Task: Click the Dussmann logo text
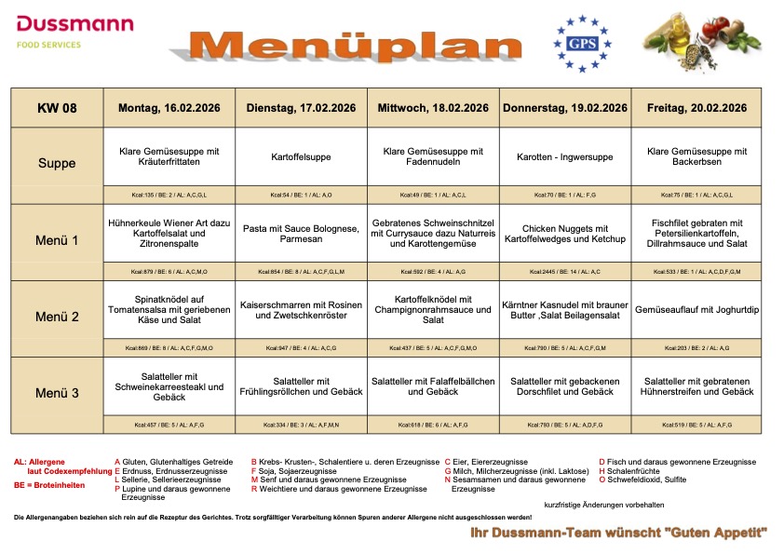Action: click(74, 23)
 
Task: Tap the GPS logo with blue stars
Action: click(583, 43)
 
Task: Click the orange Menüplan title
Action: click(357, 47)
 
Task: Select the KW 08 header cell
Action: click(57, 108)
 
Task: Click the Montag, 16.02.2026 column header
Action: click(169, 108)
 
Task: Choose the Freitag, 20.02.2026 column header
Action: click(696, 108)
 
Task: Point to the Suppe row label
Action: click(57, 164)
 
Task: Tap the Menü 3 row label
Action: click(57, 393)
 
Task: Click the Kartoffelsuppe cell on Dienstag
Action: click(301, 157)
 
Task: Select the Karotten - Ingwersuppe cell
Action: click(565, 157)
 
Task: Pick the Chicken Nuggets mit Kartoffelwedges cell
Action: click(565, 234)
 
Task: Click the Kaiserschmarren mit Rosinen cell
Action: click(301, 310)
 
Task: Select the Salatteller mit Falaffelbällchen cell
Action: click(433, 386)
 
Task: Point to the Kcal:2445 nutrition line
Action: click(565, 271)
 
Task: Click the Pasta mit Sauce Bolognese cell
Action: click(301, 234)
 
